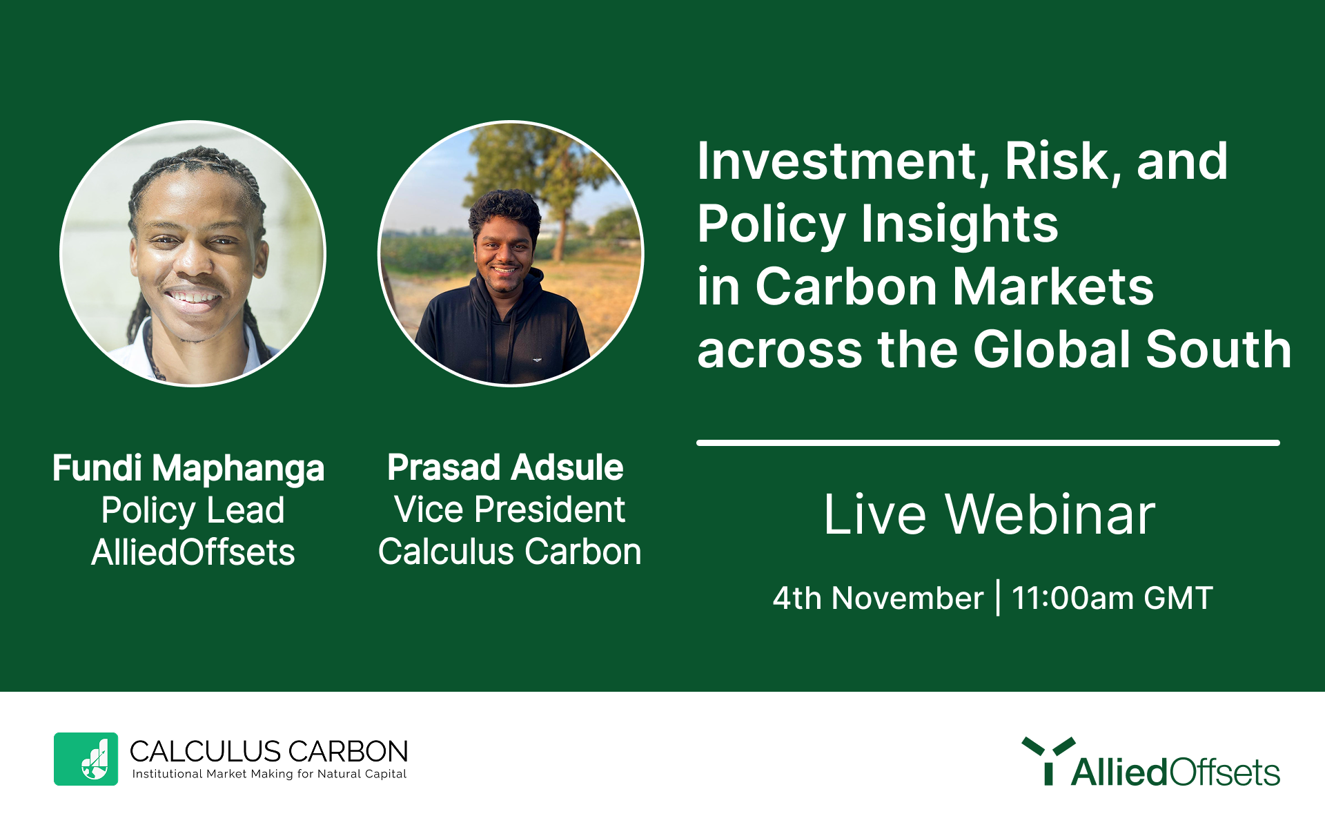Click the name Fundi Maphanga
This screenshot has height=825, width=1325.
click(188, 469)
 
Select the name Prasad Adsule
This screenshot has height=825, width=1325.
click(505, 467)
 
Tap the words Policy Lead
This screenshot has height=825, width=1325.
click(193, 511)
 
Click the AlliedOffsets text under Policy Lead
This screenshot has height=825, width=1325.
click(193, 552)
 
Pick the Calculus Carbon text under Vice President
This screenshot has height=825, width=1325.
click(510, 552)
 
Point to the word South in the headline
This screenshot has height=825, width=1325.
click(1218, 349)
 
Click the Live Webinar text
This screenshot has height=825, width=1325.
click(990, 514)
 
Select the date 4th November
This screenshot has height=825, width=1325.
click(878, 598)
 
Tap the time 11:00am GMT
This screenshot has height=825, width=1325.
click(1112, 598)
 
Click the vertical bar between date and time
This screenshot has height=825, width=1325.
click(998, 597)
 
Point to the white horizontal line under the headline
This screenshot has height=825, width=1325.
click(988, 443)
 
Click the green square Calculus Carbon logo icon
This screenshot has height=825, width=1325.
click(86, 759)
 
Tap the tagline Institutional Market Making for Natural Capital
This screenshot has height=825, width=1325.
click(269, 775)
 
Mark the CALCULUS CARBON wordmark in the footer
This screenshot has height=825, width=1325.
click(269, 751)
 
